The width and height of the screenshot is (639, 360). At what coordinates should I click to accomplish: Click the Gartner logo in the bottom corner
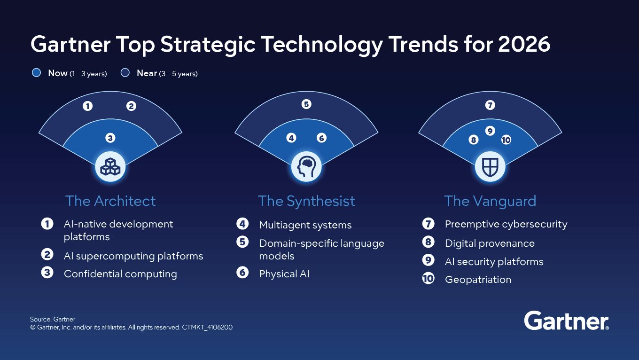(566, 321)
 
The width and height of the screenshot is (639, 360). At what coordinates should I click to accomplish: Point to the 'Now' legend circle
(36, 73)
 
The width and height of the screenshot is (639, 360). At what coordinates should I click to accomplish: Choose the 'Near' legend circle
(125, 73)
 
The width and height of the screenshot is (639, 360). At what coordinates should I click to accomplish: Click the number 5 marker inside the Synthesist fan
(306, 104)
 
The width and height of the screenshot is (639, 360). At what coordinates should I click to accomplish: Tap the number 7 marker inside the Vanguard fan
(490, 105)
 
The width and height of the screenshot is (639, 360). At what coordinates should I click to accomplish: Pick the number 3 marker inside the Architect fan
(110, 138)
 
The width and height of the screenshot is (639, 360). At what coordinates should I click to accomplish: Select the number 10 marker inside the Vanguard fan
(506, 140)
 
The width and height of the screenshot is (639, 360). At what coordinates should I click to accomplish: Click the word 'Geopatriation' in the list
(478, 280)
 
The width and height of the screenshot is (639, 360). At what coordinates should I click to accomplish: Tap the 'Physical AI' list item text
(284, 274)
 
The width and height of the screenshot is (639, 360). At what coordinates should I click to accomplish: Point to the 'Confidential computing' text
(120, 274)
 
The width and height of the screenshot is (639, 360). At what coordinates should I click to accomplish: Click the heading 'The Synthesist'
(306, 201)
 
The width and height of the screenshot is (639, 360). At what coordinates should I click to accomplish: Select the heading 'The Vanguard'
(490, 201)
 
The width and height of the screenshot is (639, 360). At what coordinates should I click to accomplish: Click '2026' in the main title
(524, 45)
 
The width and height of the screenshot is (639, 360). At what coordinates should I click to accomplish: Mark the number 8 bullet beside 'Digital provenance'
(428, 243)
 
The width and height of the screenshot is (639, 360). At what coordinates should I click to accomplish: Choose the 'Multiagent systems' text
(305, 225)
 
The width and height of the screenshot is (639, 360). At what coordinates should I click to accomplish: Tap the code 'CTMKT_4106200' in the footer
(207, 327)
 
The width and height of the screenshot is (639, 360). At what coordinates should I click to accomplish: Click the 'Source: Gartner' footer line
(53, 319)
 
